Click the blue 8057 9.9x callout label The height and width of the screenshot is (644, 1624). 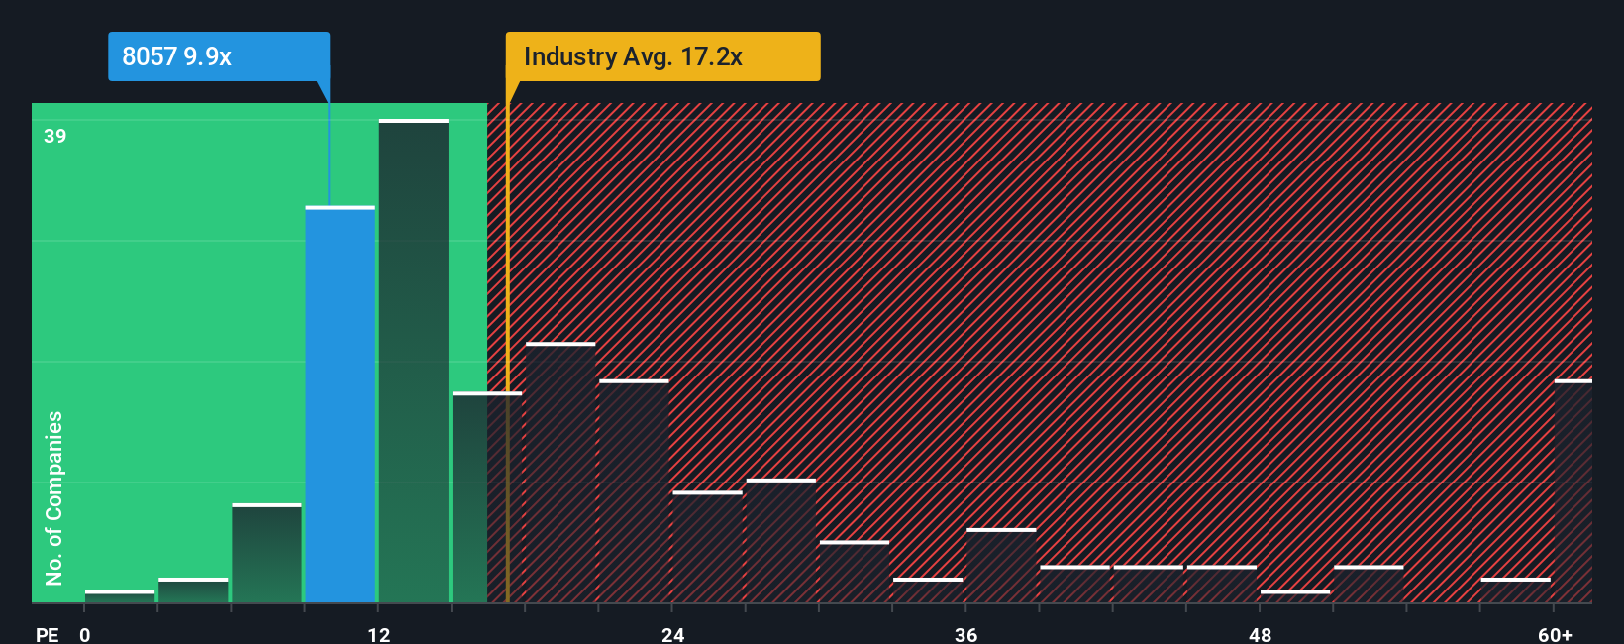pos(219,56)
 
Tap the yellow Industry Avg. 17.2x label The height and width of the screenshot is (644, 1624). pos(662,56)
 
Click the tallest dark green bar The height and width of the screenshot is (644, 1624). pos(414,361)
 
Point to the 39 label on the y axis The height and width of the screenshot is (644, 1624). pos(55,136)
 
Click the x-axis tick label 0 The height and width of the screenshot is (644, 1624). pos(85,634)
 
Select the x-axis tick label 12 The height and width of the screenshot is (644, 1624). pos(379,634)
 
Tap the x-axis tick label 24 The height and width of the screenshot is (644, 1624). pos(673,634)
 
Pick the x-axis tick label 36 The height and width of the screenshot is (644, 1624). pos(966,634)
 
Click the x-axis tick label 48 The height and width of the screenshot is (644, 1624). pos(1260,634)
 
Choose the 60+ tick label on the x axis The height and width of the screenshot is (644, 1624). pos(1555,634)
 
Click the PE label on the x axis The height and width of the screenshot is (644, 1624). pos(48,634)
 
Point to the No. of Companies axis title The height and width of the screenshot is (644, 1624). pos(54,497)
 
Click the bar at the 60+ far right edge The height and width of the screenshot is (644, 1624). pos(1573,491)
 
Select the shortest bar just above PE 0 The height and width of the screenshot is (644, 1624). pos(120,596)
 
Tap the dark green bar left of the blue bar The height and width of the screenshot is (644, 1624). pos(266,553)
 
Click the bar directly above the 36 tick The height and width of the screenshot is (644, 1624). pos(1001,566)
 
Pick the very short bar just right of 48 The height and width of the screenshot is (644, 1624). pos(1295,596)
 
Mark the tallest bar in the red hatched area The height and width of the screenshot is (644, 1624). pos(560,473)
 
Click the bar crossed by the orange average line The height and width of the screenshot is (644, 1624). pos(487,497)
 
